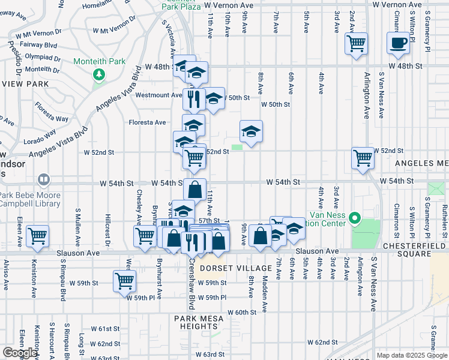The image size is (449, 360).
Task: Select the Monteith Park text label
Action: (x=99, y=61)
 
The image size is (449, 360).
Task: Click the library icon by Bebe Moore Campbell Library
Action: (x=43, y=179)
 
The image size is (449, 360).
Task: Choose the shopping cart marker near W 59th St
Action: (x=124, y=281)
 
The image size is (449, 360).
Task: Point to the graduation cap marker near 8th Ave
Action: (x=252, y=131)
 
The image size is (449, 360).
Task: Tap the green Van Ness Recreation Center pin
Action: (x=354, y=218)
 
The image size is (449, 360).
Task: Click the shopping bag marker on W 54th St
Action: (x=194, y=190)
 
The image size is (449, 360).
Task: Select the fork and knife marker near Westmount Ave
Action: (x=193, y=100)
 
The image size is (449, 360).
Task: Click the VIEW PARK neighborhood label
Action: (x=24, y=83)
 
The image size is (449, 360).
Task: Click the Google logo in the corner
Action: (x=19, y=353)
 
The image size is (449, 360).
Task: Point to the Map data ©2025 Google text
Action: (x=411, y=355)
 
